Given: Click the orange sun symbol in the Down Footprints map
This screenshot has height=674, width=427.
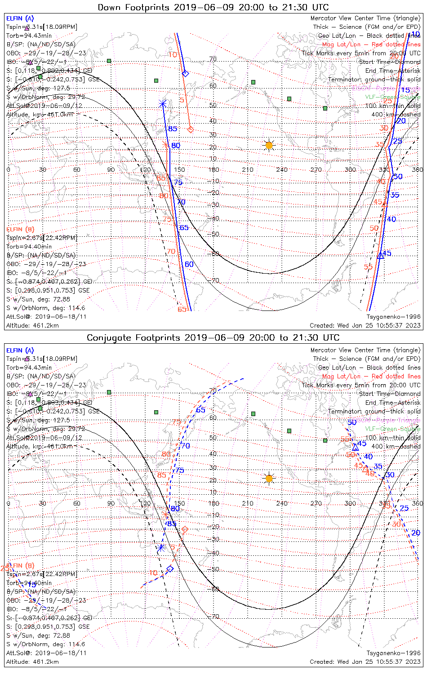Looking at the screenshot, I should [269, 146].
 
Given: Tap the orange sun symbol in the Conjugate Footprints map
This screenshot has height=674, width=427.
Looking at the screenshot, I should [269, 479].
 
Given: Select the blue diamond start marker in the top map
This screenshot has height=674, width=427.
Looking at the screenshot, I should [185, 73].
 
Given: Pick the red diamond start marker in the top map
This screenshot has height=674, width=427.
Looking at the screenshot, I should [190, 130].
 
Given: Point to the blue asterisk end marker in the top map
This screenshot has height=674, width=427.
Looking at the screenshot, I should [163, 104].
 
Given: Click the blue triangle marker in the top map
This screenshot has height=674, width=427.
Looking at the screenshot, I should [381, 255].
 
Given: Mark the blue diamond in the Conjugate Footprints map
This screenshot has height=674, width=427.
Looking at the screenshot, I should [170, 569].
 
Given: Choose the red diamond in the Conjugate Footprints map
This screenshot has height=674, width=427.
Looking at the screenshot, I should [184, 530].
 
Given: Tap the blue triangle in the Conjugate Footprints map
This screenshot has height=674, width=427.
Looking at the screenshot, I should [355, 447].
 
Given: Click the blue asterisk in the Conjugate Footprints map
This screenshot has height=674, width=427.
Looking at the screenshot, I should [160, 548].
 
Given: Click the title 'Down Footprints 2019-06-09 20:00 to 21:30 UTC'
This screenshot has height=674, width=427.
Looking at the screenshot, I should [213, 7].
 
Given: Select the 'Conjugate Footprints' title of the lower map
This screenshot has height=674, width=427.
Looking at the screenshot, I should [213, 337].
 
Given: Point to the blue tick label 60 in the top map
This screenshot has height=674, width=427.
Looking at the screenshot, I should [189, 264].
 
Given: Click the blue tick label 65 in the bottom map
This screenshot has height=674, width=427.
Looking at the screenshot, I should [200, 410].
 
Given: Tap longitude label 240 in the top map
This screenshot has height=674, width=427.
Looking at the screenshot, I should [282, 169].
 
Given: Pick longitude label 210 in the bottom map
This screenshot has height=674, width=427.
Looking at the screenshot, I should [248, 503].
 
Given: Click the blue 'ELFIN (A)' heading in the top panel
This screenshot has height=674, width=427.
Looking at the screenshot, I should [20, 18].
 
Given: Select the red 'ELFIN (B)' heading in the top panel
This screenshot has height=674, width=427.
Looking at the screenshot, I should [20, 229].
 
